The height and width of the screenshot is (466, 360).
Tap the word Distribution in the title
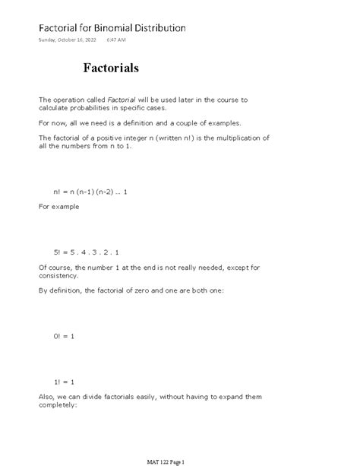159,28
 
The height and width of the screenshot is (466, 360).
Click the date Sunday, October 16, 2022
68,40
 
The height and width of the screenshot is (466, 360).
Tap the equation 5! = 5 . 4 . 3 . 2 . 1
87,252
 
